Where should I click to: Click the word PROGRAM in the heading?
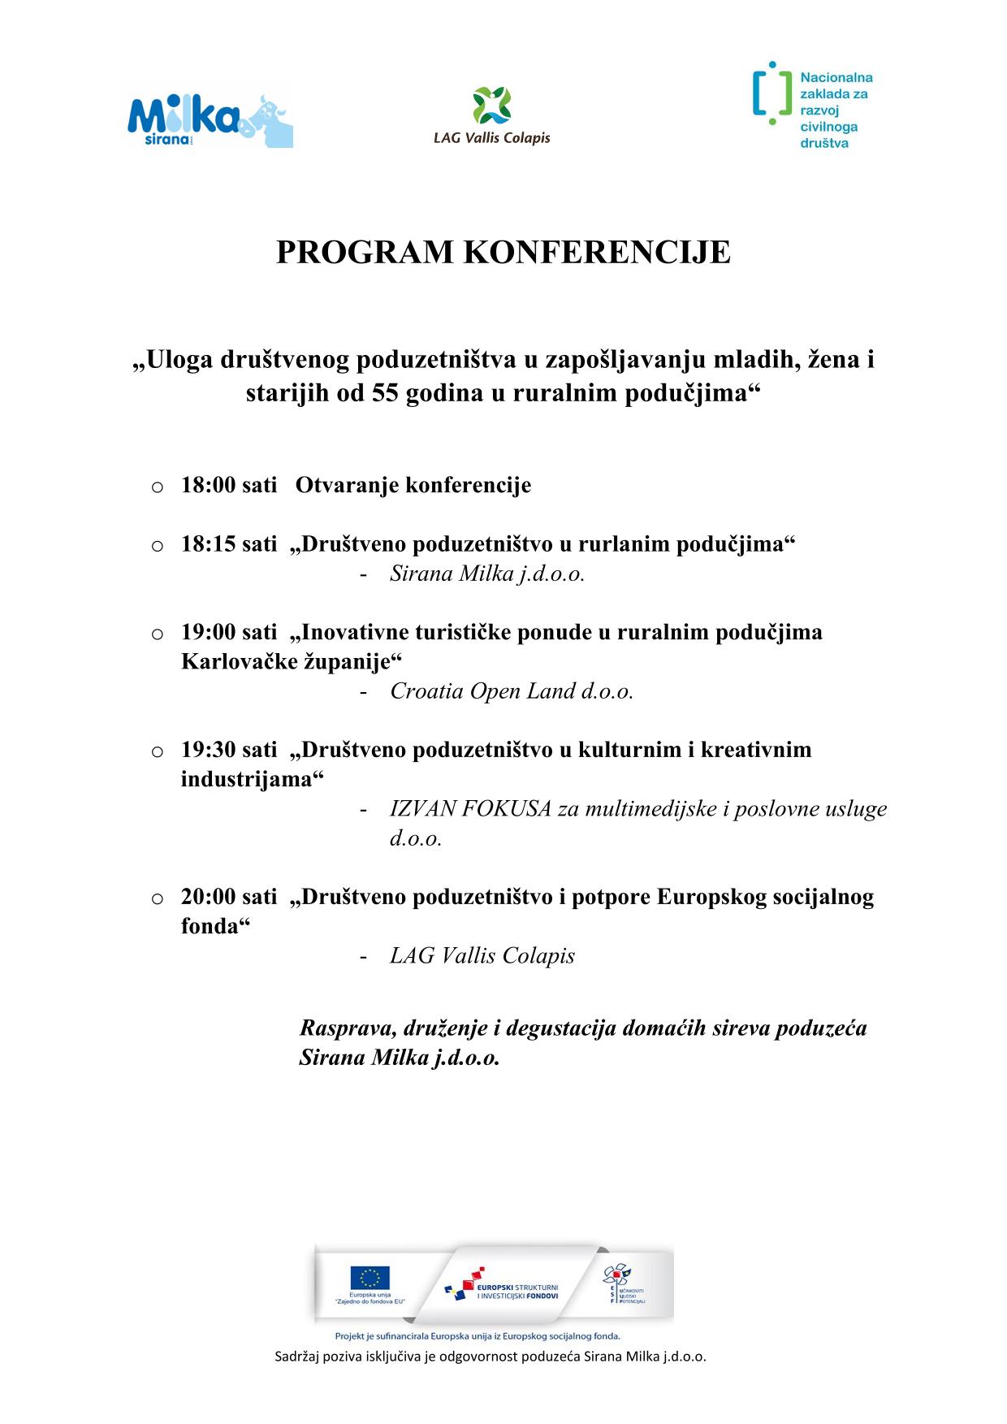365,253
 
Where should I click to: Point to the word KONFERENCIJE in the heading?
596,253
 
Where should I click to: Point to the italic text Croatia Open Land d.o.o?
512,691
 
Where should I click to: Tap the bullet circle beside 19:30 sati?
158,751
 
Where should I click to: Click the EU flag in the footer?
370,1278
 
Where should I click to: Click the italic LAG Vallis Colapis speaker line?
482,956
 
